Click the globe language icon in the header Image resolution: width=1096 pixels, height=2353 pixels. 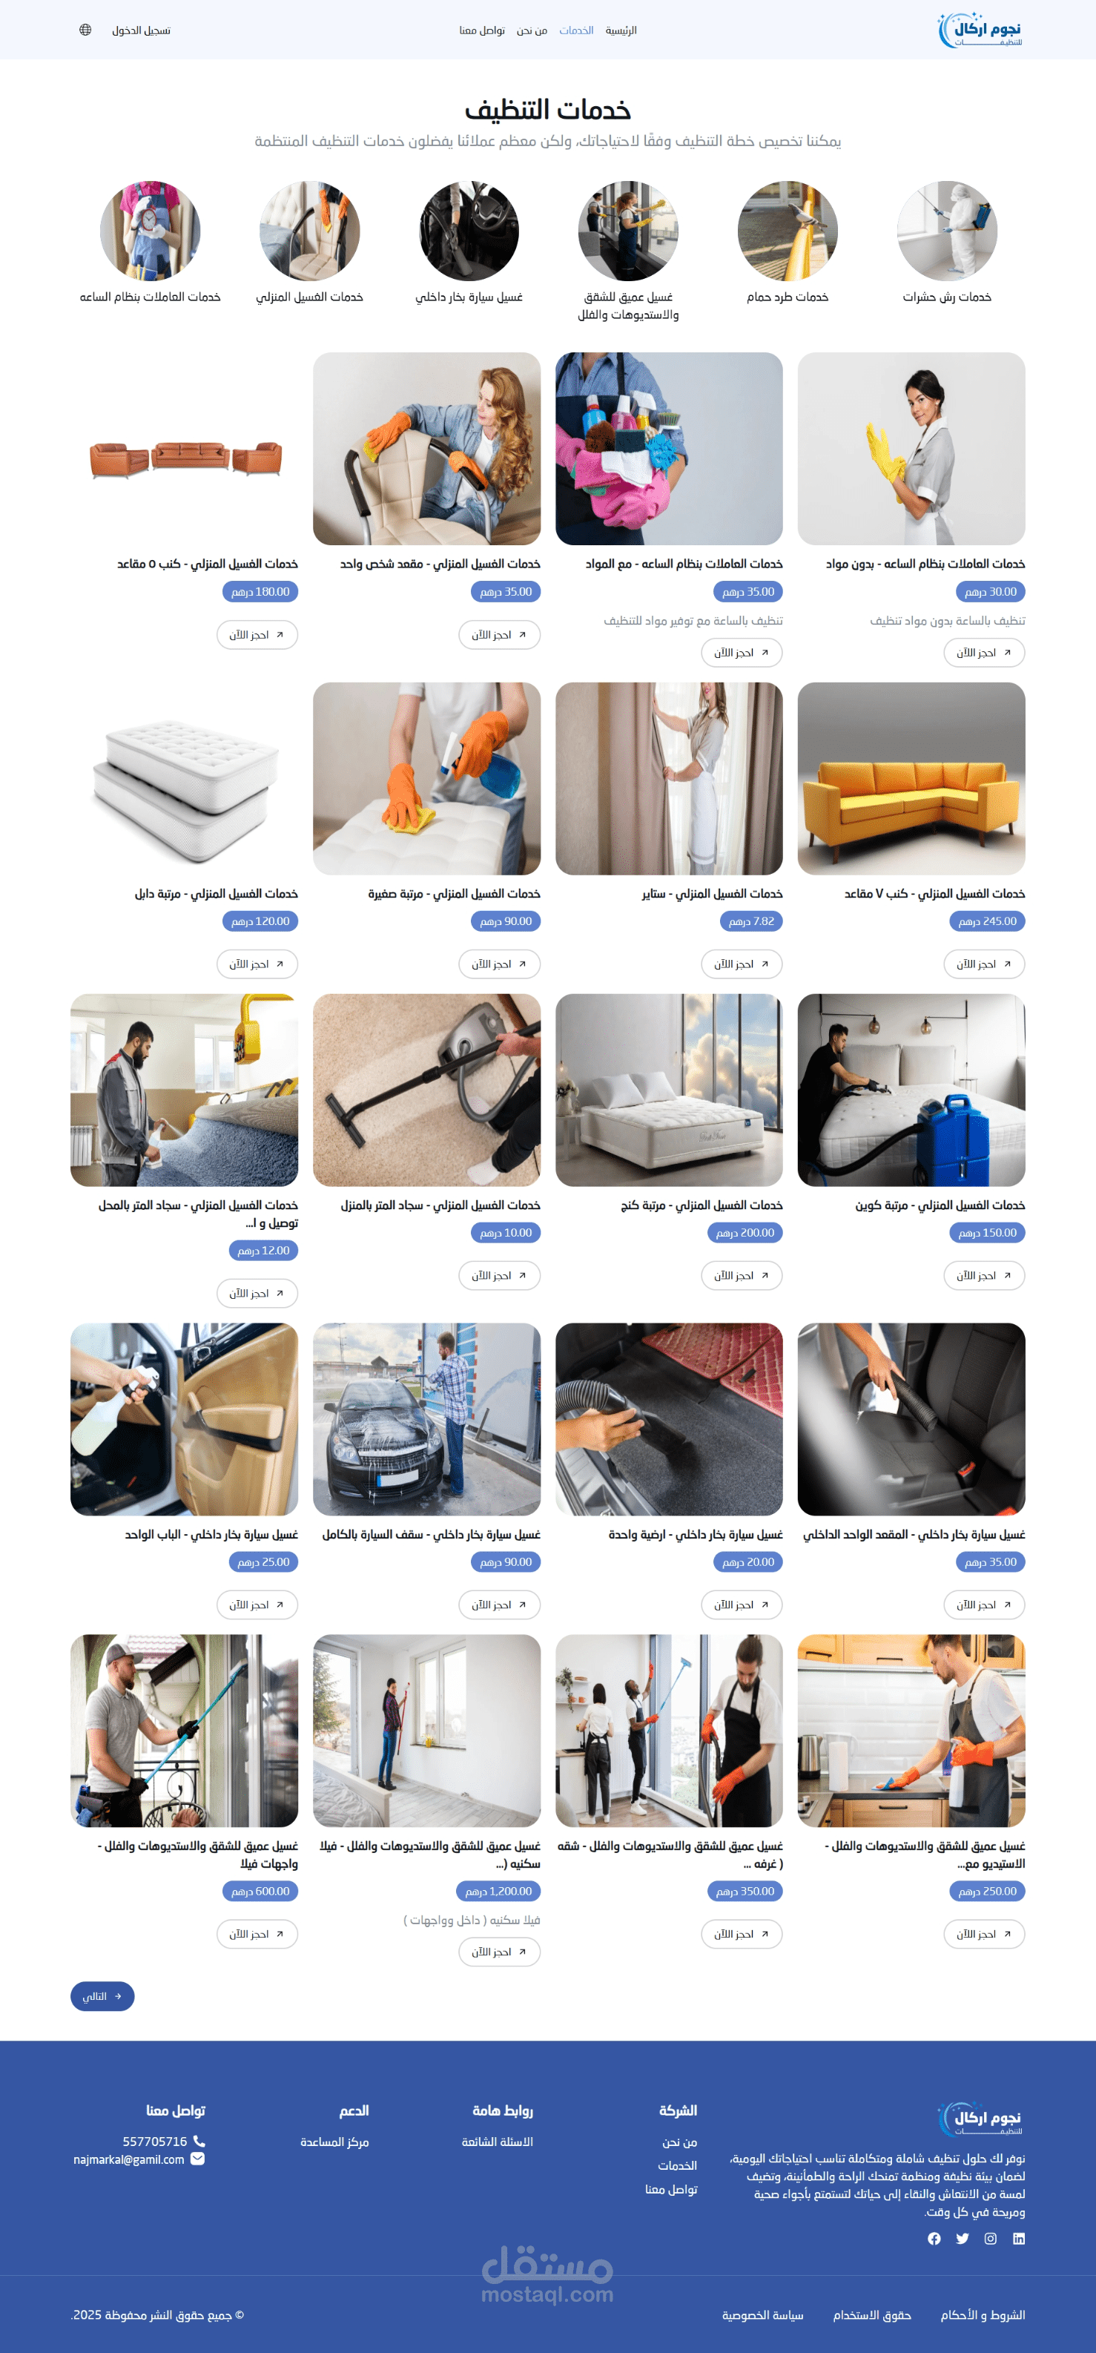click(85, 30)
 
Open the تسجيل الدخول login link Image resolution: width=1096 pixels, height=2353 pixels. click(142, 30)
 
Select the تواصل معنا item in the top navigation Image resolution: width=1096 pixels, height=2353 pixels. click(482, 30)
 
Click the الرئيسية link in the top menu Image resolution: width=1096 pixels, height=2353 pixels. click(621, 30)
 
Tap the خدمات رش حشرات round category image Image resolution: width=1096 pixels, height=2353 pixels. click(946, 231)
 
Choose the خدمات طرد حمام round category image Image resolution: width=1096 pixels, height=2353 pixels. click(788, 231)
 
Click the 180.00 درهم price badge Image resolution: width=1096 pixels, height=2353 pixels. click(260, 592)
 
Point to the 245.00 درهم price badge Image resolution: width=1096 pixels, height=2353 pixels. click(987, 921)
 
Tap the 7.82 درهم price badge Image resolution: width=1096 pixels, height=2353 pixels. click(750, 921)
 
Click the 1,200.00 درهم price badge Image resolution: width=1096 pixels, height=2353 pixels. click(498, 1892)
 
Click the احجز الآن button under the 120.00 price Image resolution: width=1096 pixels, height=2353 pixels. click(257, 964)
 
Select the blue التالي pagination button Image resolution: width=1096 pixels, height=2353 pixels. click(102, 1997)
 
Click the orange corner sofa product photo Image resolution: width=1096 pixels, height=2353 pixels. click(911, 779)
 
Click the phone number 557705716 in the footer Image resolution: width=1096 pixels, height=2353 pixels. click(154, 2141)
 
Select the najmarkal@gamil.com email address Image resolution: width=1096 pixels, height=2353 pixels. click(129, 2159)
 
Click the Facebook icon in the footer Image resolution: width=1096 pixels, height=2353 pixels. click(934, 2239)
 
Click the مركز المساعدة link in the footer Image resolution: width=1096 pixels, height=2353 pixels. click(334, 2142)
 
